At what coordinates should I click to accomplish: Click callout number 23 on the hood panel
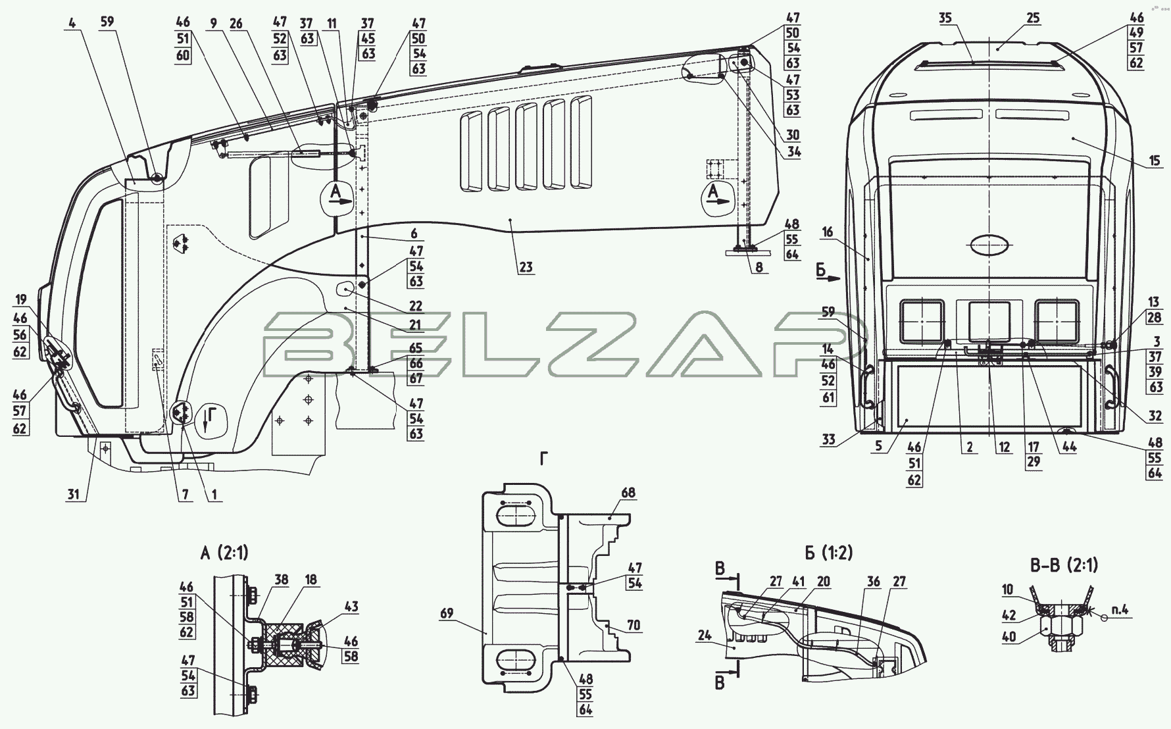tap(526, 267)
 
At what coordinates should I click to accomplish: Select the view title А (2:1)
tap(224, 553)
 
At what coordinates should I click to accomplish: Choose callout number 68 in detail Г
tap(628, 493)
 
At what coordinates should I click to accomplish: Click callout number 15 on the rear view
tap(1155, 161)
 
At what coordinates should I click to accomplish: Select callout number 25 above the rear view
tap(1033, 18)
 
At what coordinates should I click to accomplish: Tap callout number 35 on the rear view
tap(946, 18)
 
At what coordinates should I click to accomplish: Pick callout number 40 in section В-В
tap(1009, 638)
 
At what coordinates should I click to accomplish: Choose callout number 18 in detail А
tap(311, 580)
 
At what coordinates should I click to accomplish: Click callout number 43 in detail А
tap(351, 606)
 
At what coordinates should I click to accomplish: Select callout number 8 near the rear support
tap(759, 268)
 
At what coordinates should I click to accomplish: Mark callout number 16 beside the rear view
tap(828, 232)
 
